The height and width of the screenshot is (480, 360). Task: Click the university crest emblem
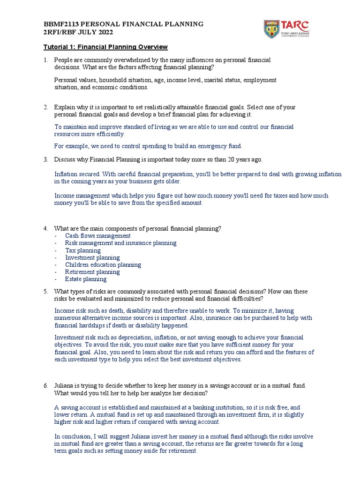(272, 29)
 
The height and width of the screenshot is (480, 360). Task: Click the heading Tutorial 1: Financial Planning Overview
(105, 47)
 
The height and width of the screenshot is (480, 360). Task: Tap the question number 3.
(46, 159)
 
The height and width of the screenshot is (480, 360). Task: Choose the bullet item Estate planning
(86, 279)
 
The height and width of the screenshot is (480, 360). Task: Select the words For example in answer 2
(71, 145)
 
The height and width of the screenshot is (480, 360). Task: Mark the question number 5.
(46, 292)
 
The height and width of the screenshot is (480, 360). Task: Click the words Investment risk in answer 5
(76, 337)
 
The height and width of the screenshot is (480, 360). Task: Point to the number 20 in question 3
(232, 159)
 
